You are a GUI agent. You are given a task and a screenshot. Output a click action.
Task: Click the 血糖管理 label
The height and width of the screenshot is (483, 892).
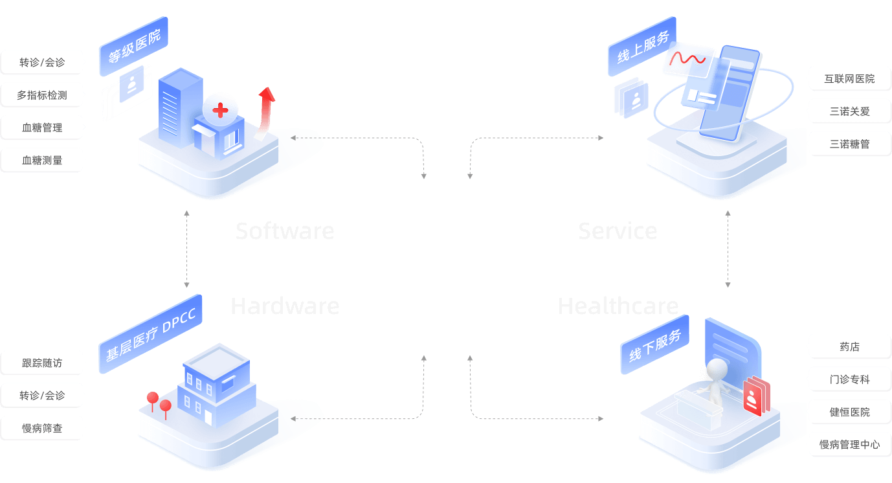[x=42, y=128]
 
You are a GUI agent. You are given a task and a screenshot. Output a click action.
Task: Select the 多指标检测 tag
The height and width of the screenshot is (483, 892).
[x=42, y=95]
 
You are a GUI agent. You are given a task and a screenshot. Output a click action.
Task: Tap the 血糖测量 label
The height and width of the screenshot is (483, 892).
[x=42, y=160]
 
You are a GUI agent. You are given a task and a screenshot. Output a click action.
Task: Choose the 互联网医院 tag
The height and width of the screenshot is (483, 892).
[x=849, y=78]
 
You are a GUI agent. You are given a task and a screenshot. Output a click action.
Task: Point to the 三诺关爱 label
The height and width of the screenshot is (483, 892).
[x=849, y=111]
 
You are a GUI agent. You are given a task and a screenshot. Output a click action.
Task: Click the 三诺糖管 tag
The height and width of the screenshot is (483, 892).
[x=849, y=144]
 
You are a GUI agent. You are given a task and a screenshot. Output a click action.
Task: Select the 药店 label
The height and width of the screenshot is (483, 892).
[x=849, y=346]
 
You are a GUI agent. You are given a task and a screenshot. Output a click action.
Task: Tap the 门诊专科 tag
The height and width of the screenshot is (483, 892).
[x=849, y=379]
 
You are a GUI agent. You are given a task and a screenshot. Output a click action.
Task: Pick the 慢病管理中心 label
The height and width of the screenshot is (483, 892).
[x=849, y=444]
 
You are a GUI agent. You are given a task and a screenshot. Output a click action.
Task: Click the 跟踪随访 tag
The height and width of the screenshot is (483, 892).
[x=42, y=363]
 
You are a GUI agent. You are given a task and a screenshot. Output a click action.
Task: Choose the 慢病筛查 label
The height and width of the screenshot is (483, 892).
[x=42, y=428]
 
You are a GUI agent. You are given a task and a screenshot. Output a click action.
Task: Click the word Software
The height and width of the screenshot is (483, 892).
[x=285, y=230]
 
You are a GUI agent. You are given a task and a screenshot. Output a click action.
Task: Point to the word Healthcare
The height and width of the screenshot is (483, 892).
[x=618, y=306]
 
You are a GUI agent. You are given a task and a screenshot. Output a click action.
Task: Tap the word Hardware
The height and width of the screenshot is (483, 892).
[x=285, y=306]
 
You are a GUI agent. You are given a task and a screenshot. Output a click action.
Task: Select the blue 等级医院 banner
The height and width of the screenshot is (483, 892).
[x=134, y=47]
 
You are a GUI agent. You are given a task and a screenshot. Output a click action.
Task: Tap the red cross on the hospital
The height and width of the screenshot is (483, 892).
[x=220, y=110]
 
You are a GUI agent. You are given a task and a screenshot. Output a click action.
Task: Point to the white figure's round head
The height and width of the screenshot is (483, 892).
[x=717, y=369]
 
